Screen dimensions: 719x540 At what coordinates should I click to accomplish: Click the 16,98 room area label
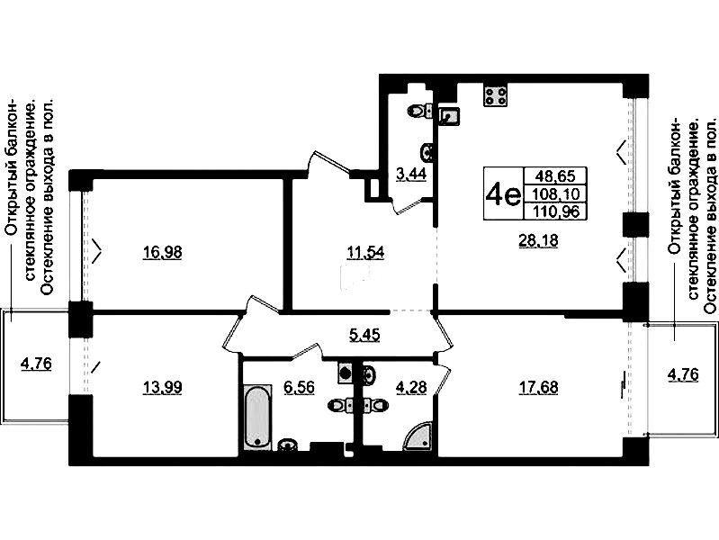pos(162,253)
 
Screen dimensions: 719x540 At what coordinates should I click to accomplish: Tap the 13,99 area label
pos(162,388)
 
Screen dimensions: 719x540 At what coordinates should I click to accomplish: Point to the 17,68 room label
pos(538,388)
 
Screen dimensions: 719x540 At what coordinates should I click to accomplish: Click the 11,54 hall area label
pos(365,253)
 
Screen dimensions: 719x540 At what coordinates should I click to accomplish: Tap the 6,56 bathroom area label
pos(299,388)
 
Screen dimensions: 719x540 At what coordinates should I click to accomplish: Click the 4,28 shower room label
pos(411,388)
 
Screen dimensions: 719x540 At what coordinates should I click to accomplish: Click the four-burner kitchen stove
pos(496,96)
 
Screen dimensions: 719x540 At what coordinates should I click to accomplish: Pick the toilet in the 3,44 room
pos(420,111)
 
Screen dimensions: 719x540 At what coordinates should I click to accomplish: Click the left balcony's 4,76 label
pos(36,364)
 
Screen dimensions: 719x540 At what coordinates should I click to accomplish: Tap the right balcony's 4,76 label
pos(683,374)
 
